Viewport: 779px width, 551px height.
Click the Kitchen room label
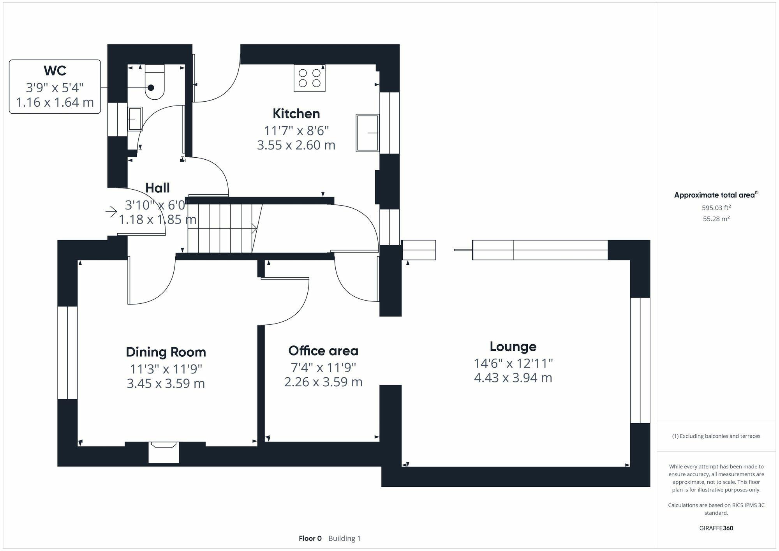tap(296, 114)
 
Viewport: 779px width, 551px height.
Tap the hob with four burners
tap(310, 78)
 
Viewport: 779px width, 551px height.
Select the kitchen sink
tap(367, 133)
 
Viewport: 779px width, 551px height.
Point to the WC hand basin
tap(135, 119)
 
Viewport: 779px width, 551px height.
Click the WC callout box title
tap(55, 71)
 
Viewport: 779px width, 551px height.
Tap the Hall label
tap(157, 188)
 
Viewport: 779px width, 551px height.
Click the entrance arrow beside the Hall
tap(111, 212)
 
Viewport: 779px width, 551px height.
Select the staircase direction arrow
tap(254, 229)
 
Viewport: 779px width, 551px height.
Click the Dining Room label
tap(166, 352)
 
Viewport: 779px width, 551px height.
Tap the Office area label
tap(323, 351)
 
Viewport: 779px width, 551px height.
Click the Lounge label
tap(513, 347)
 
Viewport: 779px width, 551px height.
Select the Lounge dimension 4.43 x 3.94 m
tap(513, 378)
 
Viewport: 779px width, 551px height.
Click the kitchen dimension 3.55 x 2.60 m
tap(296, 145)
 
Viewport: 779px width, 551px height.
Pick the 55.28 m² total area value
tap(716, 219)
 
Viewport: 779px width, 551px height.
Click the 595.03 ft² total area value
tap(716, 208)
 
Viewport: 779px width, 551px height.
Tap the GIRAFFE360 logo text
tap(716, 528)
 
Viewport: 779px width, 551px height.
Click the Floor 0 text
tap(310, 539)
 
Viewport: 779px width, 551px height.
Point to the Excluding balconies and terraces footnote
tap(716, 436)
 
